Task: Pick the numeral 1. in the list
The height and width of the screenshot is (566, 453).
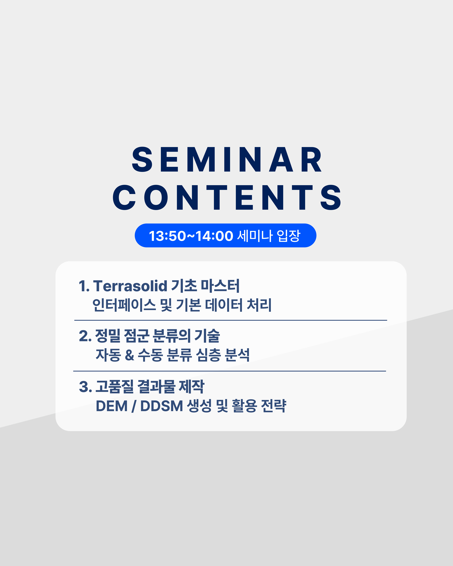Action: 84,286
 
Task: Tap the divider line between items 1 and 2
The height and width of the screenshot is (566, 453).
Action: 231,320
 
